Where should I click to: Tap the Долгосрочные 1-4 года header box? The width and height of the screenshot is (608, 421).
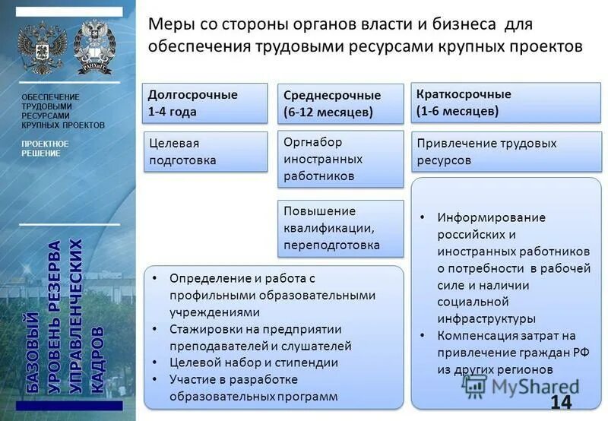[x=206, y=103]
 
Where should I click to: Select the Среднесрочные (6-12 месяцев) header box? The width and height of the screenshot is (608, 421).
[x=340, y=104]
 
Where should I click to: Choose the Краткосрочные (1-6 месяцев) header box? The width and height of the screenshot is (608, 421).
[x=505, y=103]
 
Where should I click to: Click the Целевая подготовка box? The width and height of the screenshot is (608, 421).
[x=206, y=152]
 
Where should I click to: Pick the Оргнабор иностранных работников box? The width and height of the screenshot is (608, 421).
[x=340, y=159]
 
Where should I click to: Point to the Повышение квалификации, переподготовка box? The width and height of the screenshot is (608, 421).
[x=340, y=228]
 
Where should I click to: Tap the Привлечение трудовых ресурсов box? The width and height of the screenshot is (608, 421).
[x=505, y=152]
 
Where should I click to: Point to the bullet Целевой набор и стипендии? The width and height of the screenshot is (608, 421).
[x=254, y=362]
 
